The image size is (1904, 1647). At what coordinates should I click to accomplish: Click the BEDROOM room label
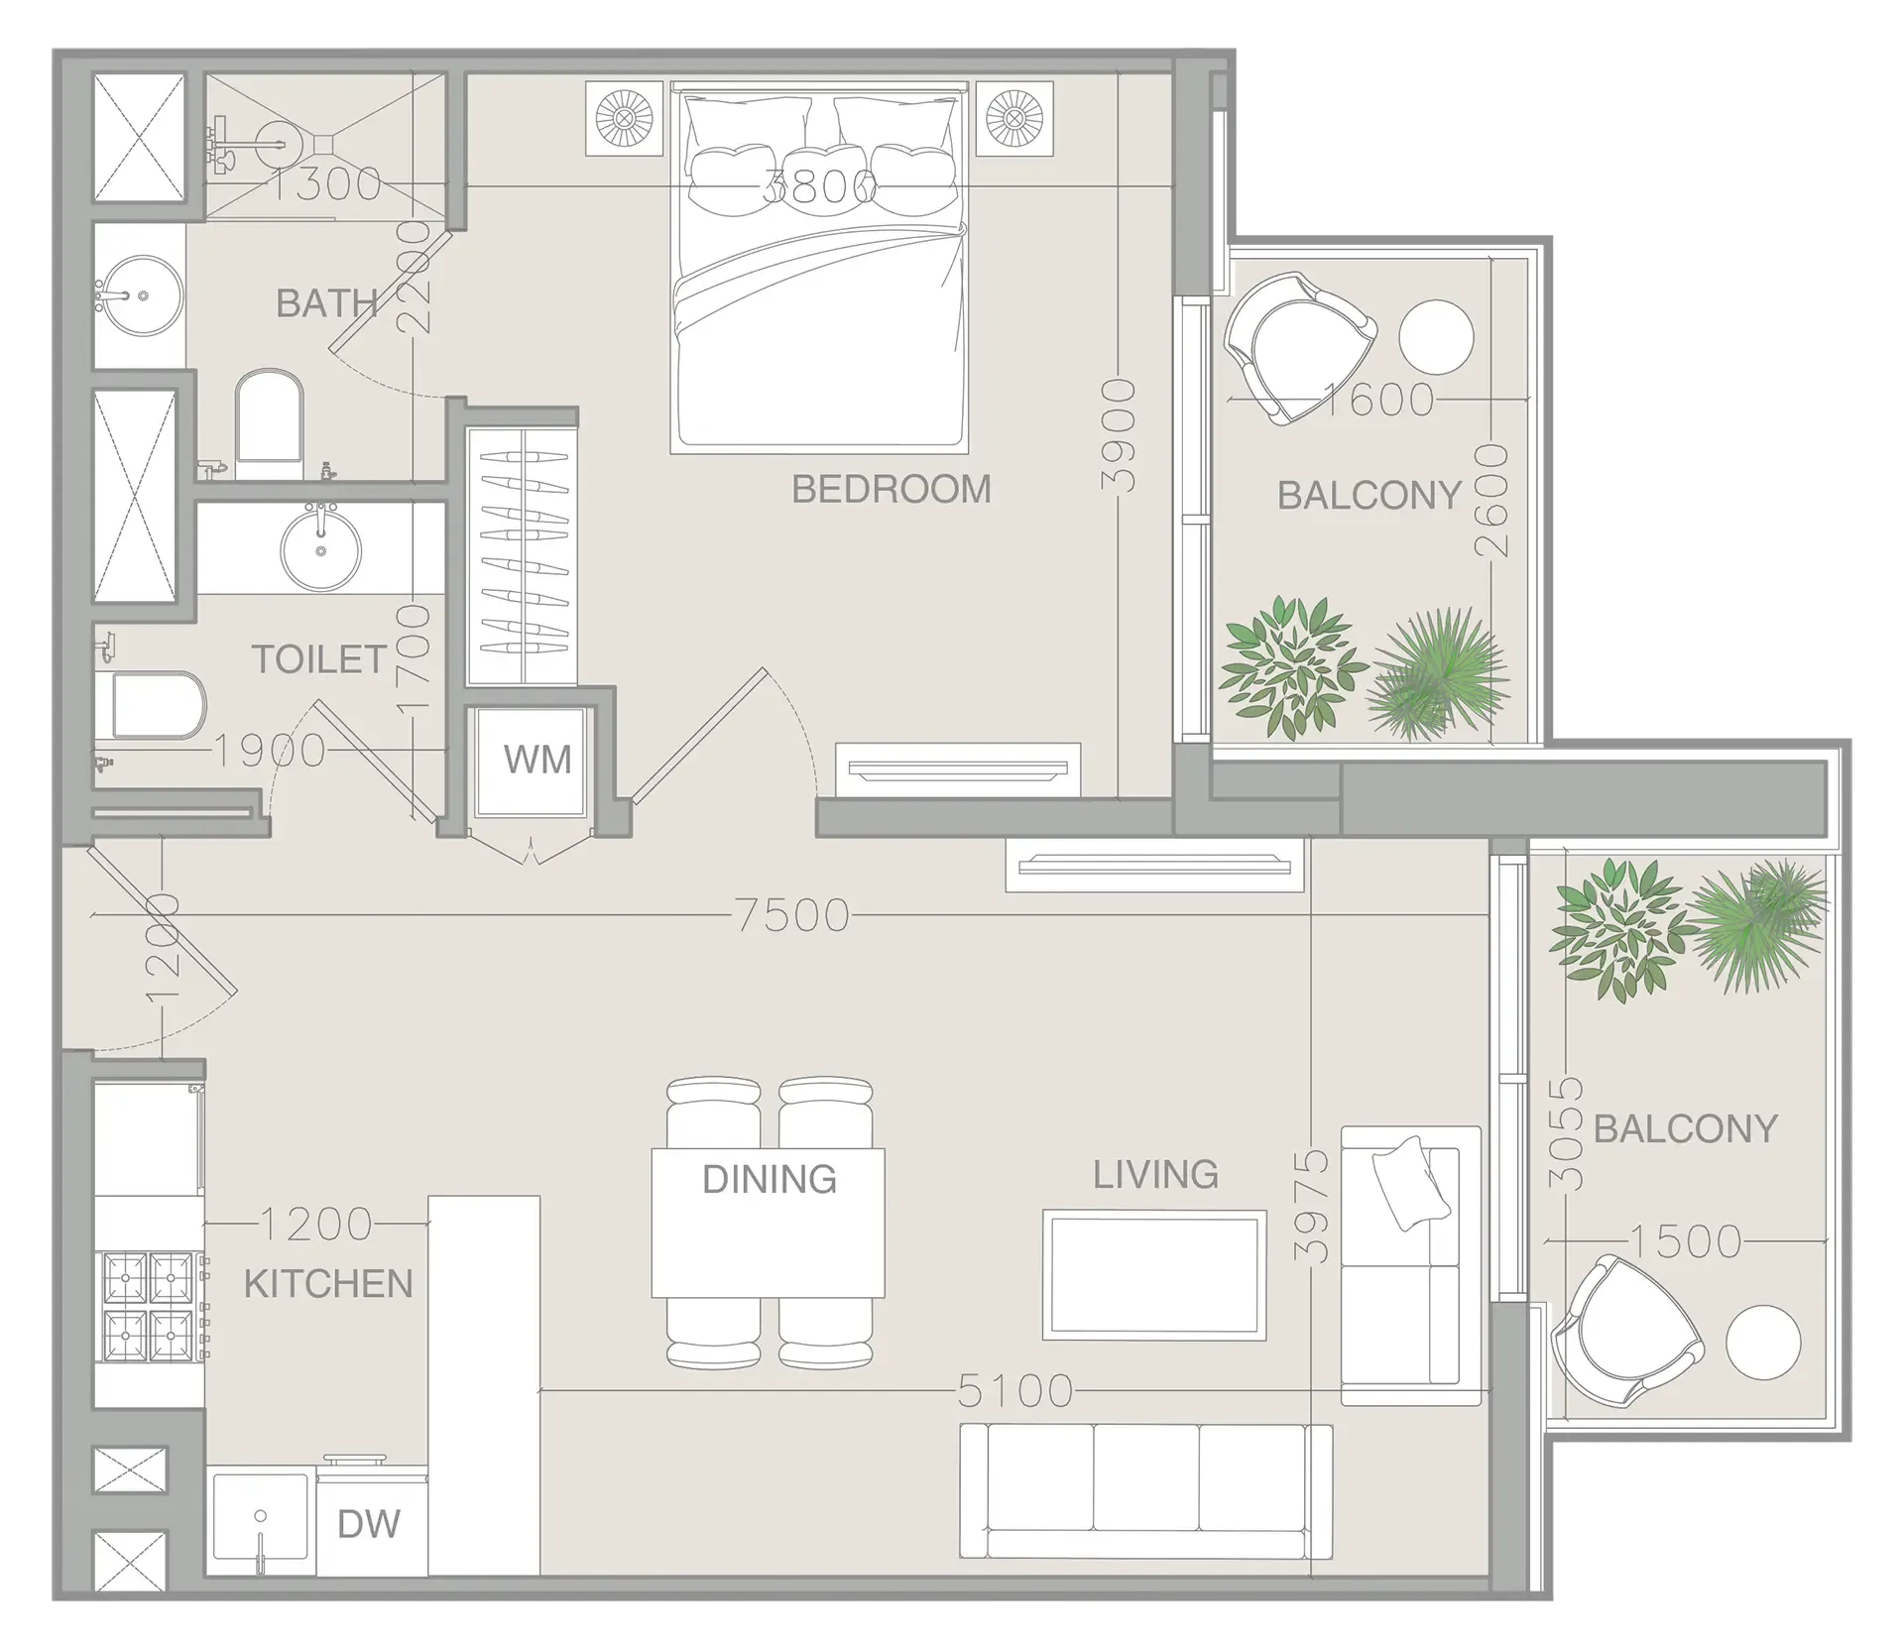coord(891,489)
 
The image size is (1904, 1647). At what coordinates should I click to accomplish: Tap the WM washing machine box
coord(536,760)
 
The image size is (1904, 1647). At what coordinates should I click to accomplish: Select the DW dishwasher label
coord(369,1524)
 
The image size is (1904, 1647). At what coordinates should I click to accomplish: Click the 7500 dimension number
coord(793,915)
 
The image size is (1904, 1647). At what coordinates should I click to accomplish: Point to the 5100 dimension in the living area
coord(1015,1392)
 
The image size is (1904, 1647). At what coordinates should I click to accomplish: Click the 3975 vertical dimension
coord(1313,1205)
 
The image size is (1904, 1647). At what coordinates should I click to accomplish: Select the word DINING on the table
coord(769,1179)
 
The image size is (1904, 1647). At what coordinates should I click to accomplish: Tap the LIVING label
coord(1155,1174)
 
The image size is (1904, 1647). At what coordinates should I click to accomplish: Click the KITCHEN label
coord(328,1284)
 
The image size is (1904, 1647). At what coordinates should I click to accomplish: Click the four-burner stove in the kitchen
coord(150,1307)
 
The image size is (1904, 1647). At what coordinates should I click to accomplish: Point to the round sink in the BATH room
coord(143,295)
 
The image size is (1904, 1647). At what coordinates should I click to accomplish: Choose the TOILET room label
coord(318,659)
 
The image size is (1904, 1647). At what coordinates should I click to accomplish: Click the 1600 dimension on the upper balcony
coord(1378,400)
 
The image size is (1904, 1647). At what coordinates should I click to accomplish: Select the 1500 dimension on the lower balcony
coord(1685,1241)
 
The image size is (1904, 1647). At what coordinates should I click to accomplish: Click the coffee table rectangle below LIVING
coord(1154,1275)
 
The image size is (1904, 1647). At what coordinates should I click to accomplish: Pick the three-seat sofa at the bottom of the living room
coord(1145,1491)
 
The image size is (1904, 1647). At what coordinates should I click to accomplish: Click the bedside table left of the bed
coord(623,119)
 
